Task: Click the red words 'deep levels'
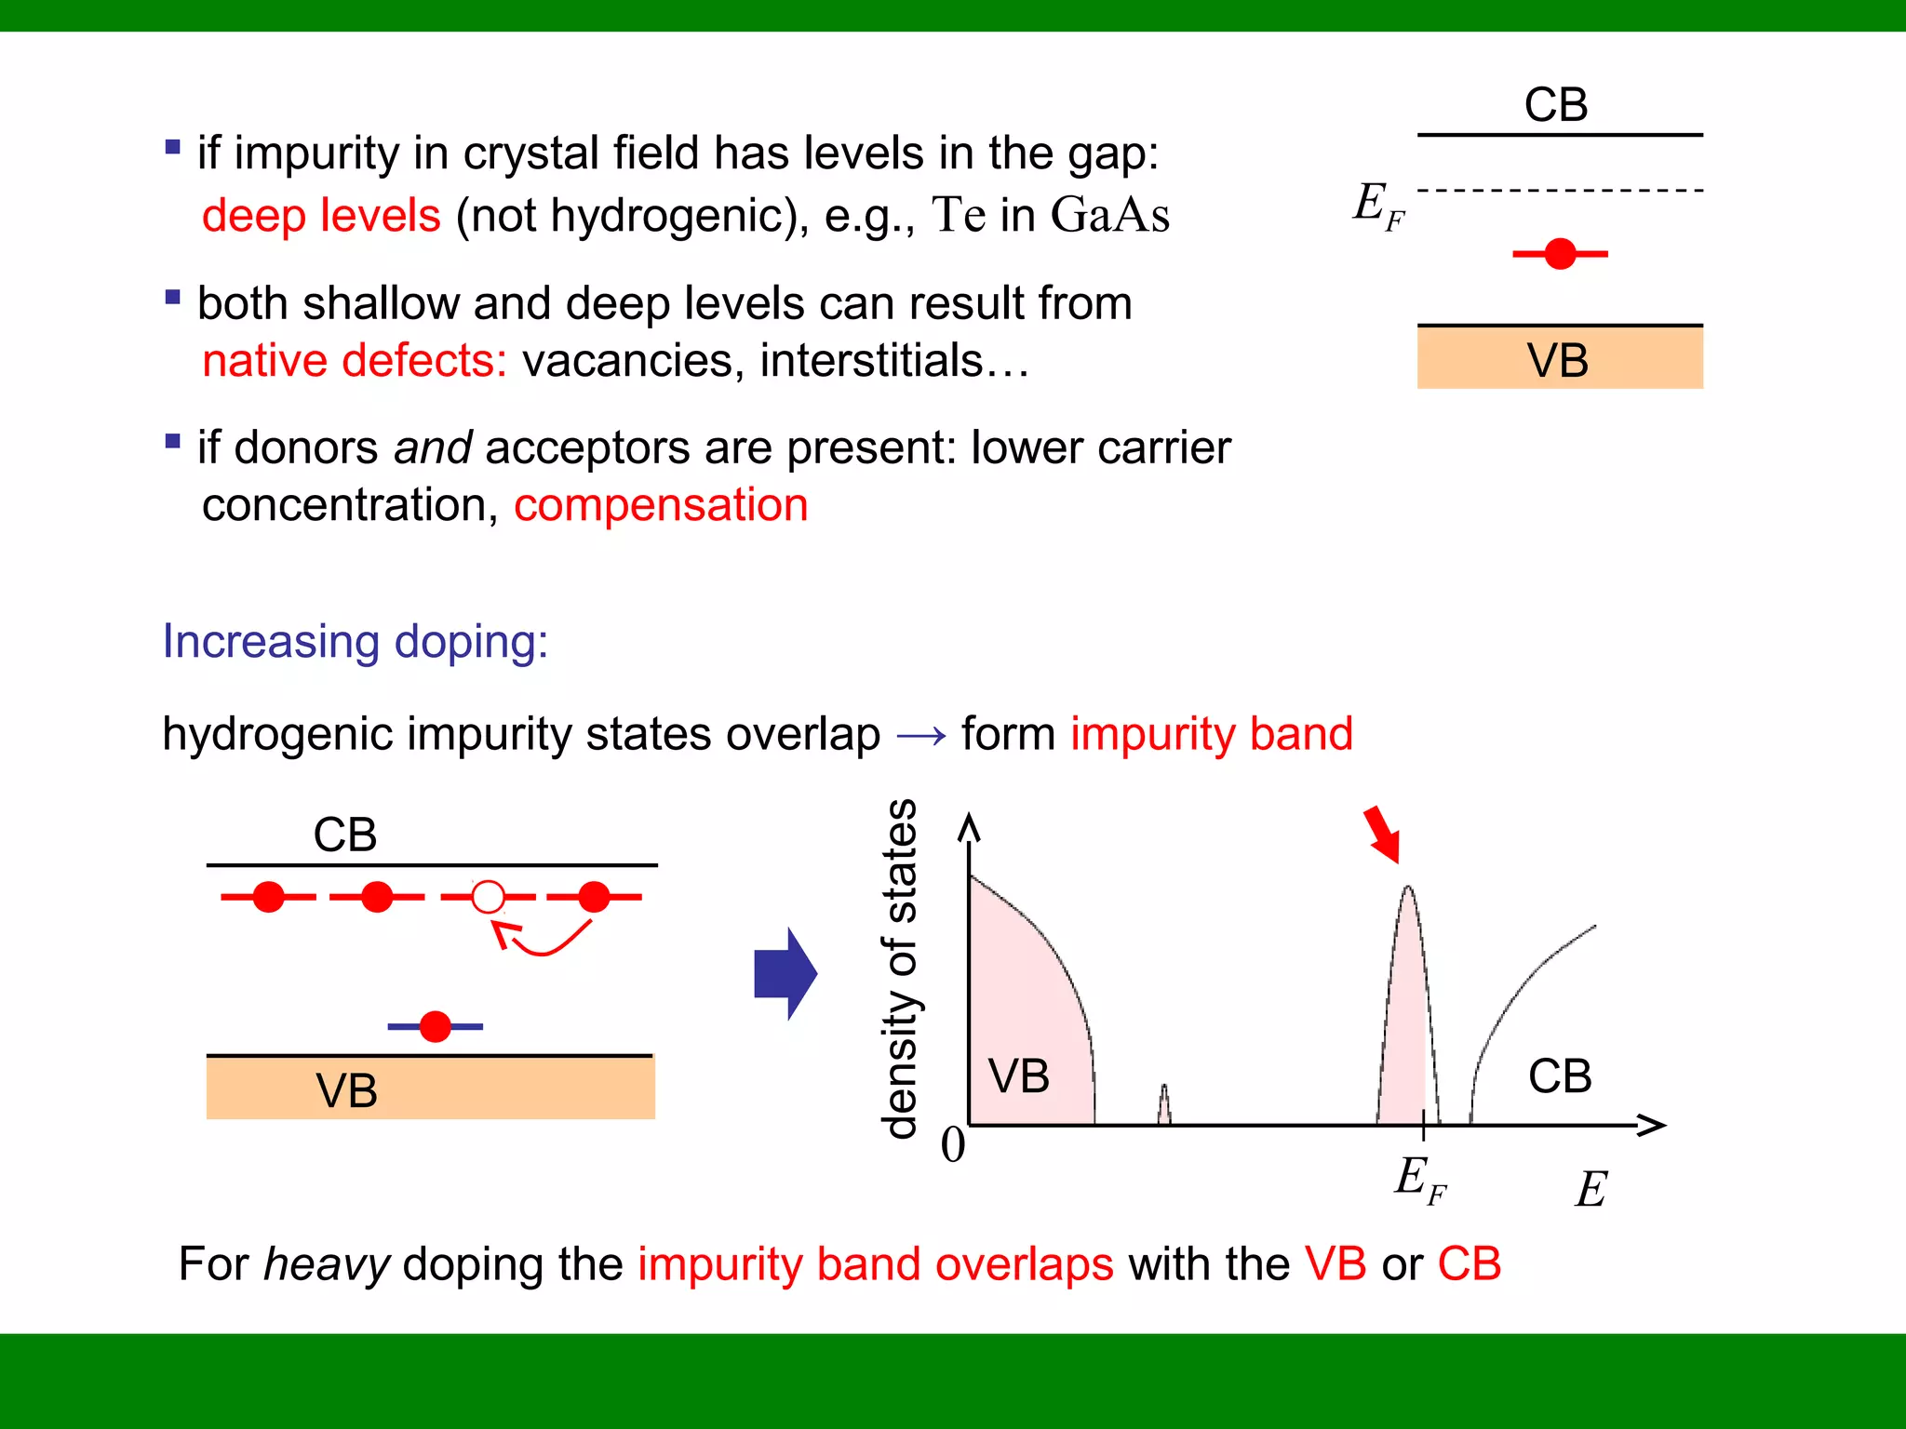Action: tap(321, 216)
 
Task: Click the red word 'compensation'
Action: tap(661, 505)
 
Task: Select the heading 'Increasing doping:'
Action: tap(356, 641)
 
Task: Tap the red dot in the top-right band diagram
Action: tap(1560, 253)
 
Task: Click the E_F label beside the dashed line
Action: tap(1378, 206)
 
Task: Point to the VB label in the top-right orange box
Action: tap(1558, 360)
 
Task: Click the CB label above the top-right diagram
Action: tap(1556, 104)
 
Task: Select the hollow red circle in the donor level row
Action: tap(488, 897)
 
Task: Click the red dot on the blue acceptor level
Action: tap(435, 1026)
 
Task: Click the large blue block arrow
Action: tap(785, 974)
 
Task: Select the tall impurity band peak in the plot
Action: tap(1407, 1005)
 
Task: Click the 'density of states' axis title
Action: tap(900, 968)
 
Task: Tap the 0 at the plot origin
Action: tap(953, 1144)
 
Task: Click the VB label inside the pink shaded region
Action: tap(1019, 1076)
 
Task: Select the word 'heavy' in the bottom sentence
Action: tap(327, 1264)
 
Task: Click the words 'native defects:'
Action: tap(355, 361)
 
